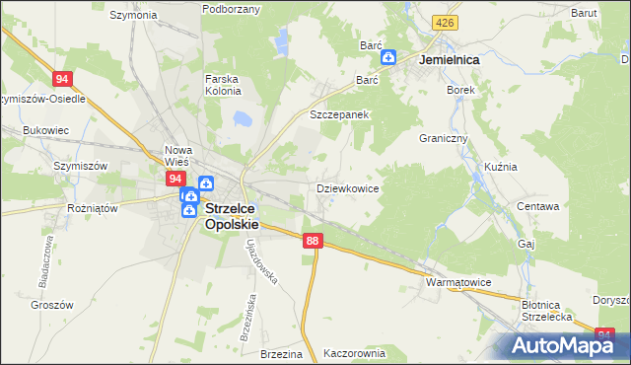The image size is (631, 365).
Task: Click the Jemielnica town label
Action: [449, 60]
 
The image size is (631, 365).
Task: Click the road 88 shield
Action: [314, 241]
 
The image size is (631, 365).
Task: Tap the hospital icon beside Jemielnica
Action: [389, 58]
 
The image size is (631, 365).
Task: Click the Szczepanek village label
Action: [339, 114]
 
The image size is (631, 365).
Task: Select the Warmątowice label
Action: [457, 282]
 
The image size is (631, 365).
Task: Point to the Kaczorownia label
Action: [355, 352]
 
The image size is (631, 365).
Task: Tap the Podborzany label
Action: [231, 9]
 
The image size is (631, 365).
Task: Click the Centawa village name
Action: [538, 207]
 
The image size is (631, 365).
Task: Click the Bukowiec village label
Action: [45, 129]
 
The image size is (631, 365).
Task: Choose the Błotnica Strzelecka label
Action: [547, 311]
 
